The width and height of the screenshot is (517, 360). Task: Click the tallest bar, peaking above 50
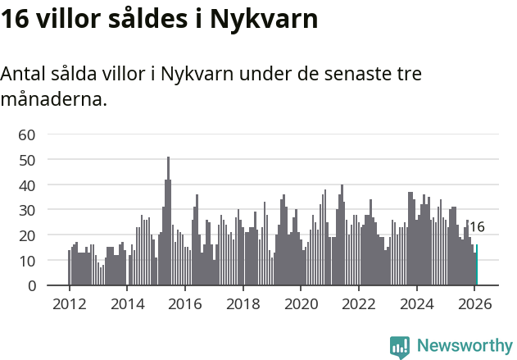point(168,221)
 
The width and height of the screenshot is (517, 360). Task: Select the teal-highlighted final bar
point(477,265)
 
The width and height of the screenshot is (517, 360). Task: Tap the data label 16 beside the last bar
point(477,227)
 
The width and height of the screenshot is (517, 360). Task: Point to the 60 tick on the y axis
point(27,134)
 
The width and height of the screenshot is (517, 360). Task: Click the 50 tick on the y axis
point(27,160)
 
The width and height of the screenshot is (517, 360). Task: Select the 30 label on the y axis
point(27,210)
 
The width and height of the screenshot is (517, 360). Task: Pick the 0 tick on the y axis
point(32,285)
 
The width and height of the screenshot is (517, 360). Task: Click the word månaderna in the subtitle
point(53,101)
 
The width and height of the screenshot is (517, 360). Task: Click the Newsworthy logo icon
point(400,346)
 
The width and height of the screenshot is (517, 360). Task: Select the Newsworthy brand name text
point(465,346)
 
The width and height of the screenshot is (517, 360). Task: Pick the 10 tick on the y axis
point(27,261)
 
